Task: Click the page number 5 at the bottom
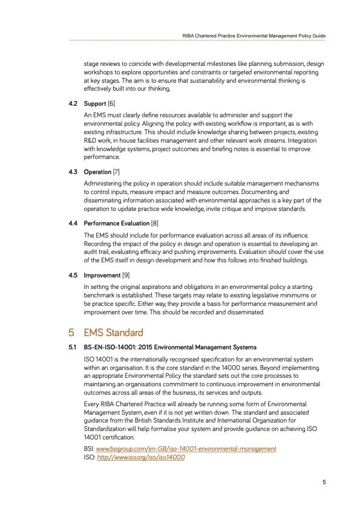(x=324, y=482)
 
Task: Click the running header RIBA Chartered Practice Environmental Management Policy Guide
(x=254, y=36)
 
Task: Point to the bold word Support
(x=95, y=104)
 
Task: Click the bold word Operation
(x=97, y=172)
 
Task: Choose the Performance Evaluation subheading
(x=117, y=223)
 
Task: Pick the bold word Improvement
(x=102, y=275)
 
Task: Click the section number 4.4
(x=74, y=223)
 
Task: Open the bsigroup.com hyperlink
(x=186, y=449)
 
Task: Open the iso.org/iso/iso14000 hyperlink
(x=140, y=457)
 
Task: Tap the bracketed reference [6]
(x=111, y=104)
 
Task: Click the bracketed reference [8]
(x=155, y=223)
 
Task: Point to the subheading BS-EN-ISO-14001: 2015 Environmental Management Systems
(x=170, y=348)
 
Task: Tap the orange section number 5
(x=71, y=332)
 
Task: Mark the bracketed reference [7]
(x=116, y=172)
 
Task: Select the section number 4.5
(x=74, y=275)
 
